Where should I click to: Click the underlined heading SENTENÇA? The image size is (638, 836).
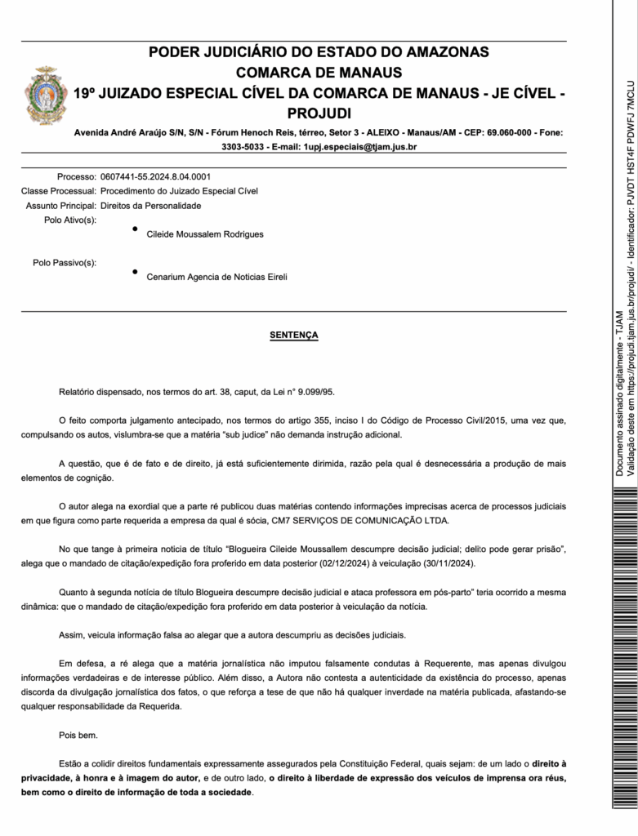point(294,336)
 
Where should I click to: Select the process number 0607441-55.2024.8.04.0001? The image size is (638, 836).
point(155,176)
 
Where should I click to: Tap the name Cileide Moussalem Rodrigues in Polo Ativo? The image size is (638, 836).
point(205,234)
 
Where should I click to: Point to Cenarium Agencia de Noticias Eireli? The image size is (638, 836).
point(216,277)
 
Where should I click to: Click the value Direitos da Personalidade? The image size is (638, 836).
point(150,206)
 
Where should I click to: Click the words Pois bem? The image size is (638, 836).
point(78,735)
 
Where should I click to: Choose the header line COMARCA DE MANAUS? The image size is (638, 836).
point(319,73)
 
